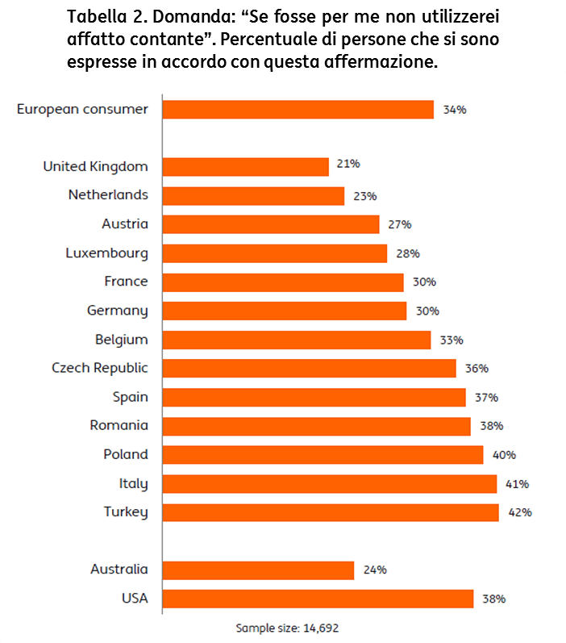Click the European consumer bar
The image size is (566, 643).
pos(298,109)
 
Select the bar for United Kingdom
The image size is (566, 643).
pos(245,166)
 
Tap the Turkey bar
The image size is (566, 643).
pos(331,511)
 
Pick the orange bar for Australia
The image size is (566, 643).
pos(258,570)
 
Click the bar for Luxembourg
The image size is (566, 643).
pos(274,253)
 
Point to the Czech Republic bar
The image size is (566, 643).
pos(309,368)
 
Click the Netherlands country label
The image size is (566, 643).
pos(108,194)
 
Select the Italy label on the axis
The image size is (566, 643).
pos(133,483)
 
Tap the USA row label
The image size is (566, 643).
pos(134,598)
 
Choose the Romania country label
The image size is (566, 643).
pos(119,425)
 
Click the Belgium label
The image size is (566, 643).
pos(121,339)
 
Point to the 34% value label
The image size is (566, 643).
pos(455,110)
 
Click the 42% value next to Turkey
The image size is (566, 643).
pos(520,512)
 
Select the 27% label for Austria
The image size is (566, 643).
pos(400,224)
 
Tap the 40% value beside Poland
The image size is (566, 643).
pos(504,455)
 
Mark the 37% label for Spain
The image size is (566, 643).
pos(486,397)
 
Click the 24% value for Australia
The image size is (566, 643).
pos(375,570)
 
